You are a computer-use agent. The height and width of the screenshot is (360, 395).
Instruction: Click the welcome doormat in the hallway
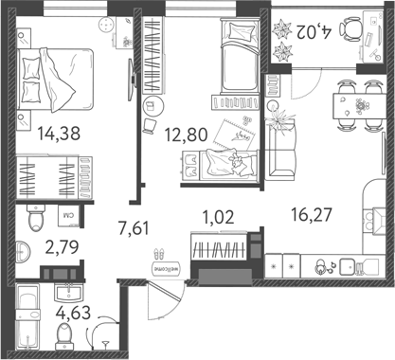[x=158, y=265]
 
